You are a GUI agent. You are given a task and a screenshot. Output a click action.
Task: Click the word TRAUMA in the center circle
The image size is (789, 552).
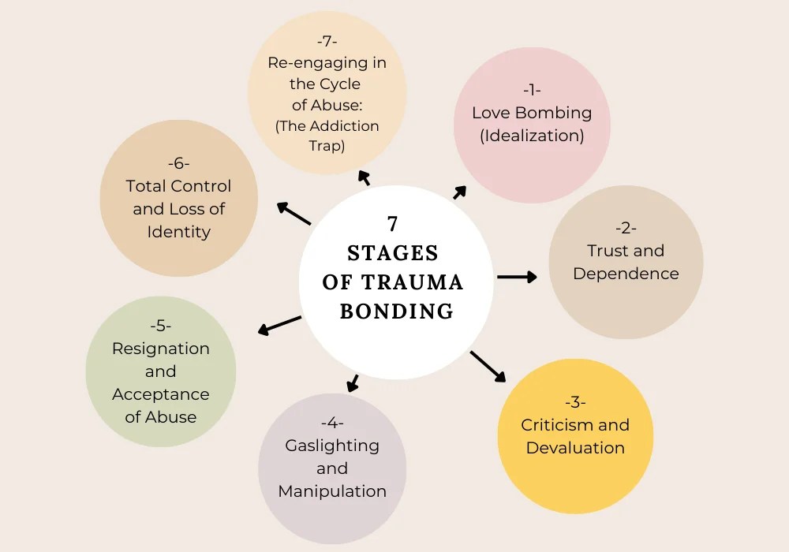coord(424,282)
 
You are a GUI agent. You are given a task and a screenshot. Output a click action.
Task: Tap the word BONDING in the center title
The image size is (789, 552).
coord(396,311)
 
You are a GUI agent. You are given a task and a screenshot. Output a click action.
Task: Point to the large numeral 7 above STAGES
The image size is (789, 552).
coord(392,223)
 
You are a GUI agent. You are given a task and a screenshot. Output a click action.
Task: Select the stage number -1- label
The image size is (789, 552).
coord(531,90)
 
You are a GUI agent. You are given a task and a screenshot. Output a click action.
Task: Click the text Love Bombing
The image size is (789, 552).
coord(532,113)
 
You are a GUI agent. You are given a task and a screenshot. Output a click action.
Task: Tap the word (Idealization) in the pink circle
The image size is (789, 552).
coord(532,136)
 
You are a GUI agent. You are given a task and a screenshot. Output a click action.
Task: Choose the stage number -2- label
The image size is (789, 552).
coord(626,228)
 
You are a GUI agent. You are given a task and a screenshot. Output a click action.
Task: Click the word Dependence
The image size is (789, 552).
coord(626,274)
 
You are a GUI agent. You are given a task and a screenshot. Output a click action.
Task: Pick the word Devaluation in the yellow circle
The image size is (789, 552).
coord(575,448)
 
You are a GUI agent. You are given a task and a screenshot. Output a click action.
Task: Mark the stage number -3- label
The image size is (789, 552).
coord(575,402)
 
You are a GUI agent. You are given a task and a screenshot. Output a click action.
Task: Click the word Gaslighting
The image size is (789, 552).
coord(332,446)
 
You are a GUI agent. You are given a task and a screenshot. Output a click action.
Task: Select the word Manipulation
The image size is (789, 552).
coord(332,491)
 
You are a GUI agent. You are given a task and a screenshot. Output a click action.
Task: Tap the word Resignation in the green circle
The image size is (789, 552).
coord(161,349)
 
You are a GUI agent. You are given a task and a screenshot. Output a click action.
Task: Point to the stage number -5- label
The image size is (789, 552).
coord(161,326)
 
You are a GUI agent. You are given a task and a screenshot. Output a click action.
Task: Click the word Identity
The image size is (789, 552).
coord(179,232)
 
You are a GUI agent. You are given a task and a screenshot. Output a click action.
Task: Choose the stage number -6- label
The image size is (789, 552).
coord(179,163)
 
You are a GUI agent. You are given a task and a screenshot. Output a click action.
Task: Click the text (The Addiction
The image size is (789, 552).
coord(327,126)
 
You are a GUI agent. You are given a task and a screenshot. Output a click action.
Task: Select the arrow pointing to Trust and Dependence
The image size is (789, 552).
coord(518,277)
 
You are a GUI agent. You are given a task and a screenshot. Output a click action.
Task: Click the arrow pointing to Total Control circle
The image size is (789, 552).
coord(293,214)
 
